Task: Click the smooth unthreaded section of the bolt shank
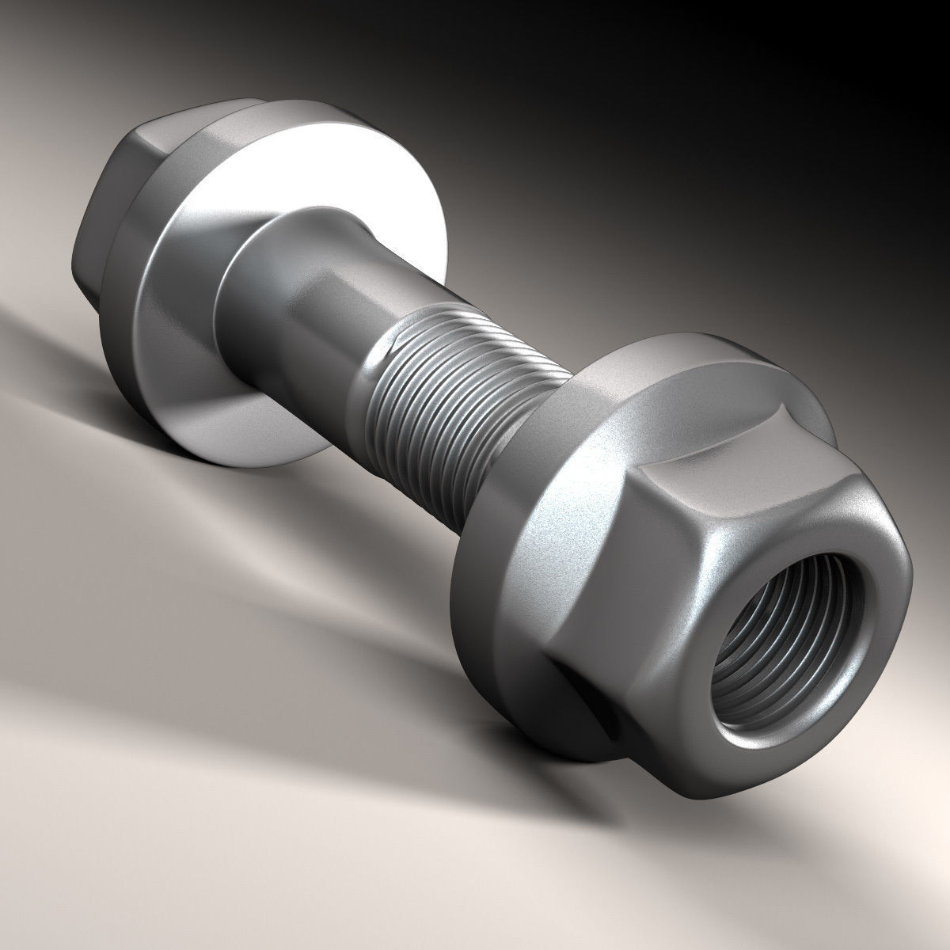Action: (317, 293)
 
